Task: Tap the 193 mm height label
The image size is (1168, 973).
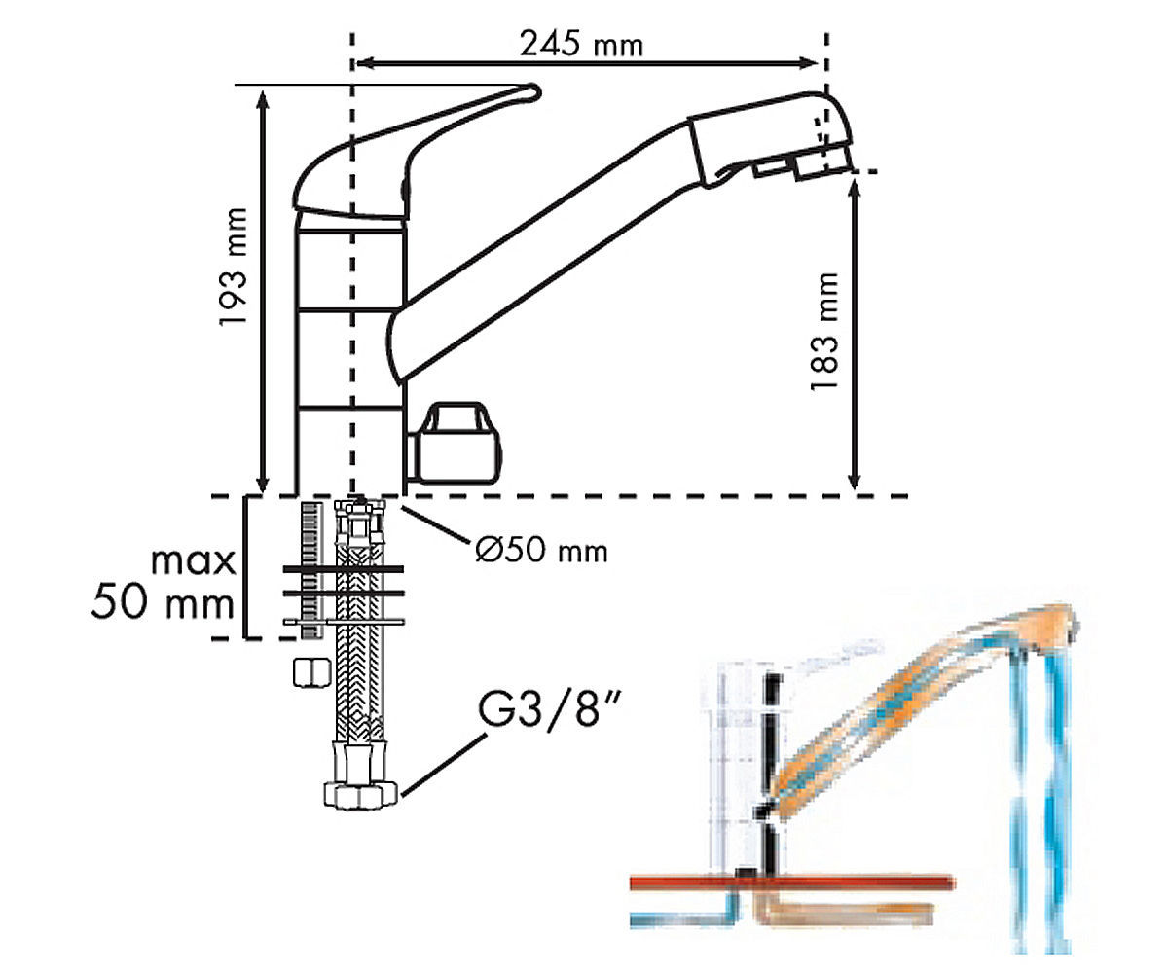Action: coord(233,267)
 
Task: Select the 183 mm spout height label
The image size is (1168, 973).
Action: coord(825,331)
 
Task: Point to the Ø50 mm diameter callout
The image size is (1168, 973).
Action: coord(541,551)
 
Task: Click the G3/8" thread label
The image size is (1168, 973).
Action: coord(550,709)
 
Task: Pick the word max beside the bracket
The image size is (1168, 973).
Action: coord(194,561)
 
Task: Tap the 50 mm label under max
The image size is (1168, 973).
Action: coord(163,601)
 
